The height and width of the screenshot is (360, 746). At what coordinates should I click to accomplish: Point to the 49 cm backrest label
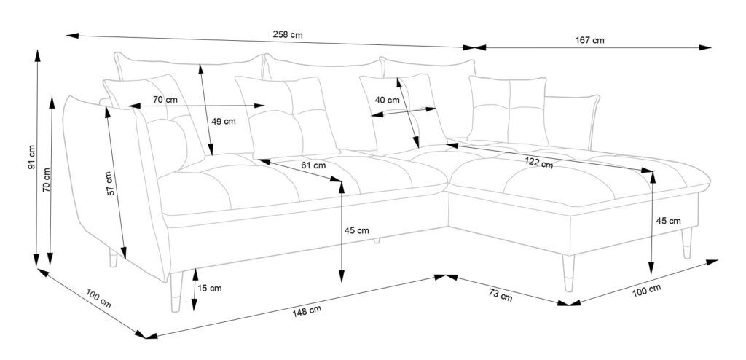pyautogui.click(x=224, y=122)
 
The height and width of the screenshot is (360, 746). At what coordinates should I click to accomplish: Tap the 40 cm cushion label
pyautogui.click(x=387, y=100)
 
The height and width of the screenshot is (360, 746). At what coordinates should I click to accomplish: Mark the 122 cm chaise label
pyautogui.click(x=539, y=163)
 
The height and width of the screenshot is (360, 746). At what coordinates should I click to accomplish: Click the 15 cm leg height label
pyautogui.click(x=211, y=288)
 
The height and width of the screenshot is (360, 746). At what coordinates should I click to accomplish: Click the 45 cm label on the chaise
pyautogui.click(x=668, y=221)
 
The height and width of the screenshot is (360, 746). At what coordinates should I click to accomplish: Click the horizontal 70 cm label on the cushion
pyautogui.click(x=165, y=99)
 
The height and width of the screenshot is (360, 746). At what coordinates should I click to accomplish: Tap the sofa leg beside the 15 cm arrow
pyautogui.click(x=175, y=291)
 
